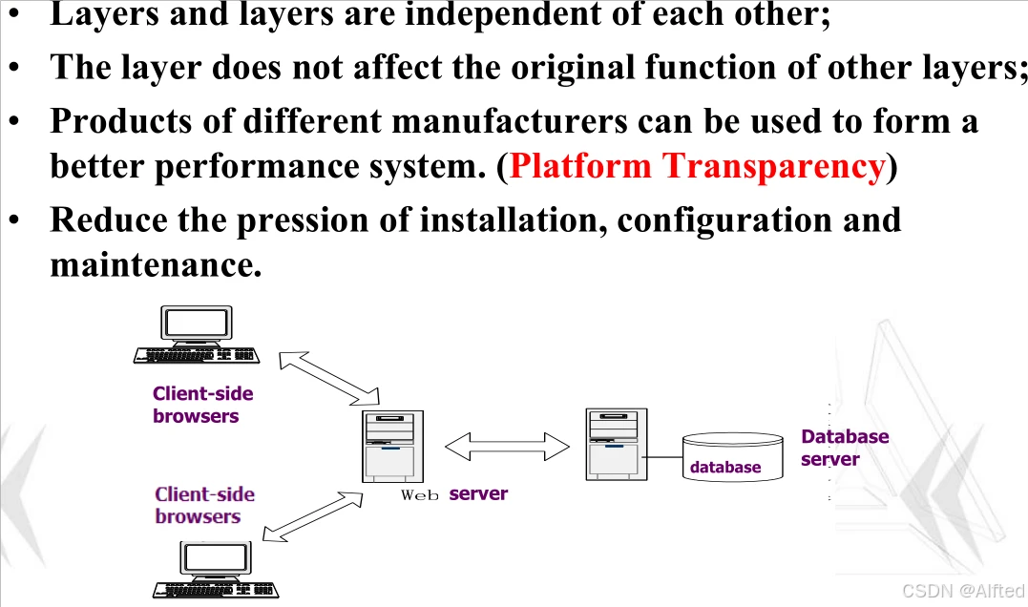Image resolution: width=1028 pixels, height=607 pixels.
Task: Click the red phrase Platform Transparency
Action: pyautogui.click(x=697, y=166)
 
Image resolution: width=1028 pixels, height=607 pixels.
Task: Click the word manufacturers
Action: pyautogui.click(x=509, y=121)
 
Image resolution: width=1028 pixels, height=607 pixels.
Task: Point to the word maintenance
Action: pyautogui.click(x=156, y=264)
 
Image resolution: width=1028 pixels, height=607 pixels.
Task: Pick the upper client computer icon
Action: pyautogui.click(x=197, y=335)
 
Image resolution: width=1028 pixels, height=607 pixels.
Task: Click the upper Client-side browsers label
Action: pyautogui.click(x=202, y=405)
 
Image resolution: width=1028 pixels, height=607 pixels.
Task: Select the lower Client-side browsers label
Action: pyautogui.click(x=204, y=505)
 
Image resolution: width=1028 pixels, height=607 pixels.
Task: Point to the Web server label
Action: pyautogui.click(x=454, y=493)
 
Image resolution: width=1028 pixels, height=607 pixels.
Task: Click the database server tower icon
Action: pyautogui.click(x=616, y=444)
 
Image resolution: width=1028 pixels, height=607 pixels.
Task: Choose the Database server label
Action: pyautogui.click(x=845, y=448)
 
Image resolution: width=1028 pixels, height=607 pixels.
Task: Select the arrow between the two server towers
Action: pyautogui.click(x=507, y=445)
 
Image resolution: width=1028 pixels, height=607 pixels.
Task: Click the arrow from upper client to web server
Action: pyautogui.click(x=329, y=376)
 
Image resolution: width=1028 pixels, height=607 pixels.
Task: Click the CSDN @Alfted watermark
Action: pyautogui.click(x=962, y=591)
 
